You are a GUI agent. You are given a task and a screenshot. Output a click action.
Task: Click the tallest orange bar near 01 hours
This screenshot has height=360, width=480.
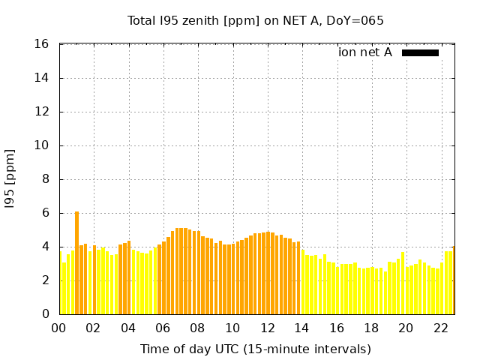coord(76,262)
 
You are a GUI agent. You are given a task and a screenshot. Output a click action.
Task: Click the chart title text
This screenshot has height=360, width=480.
coord(256,21)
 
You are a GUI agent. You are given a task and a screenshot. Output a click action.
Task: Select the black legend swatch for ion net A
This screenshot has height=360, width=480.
coord(420,52)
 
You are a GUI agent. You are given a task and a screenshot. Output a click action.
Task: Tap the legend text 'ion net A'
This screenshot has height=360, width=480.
coord(365,52)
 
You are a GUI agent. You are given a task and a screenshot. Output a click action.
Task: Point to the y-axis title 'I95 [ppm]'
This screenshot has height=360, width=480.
coord(10,179)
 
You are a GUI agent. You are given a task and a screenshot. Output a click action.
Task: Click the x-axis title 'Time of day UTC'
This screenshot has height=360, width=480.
coord(255,349)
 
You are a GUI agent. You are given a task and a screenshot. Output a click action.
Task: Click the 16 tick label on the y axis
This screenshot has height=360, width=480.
coord(43,44)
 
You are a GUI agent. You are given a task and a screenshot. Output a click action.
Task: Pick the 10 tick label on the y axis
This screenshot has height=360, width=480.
coord(43,145)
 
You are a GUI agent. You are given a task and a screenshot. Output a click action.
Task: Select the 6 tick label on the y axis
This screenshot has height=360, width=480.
coord(46,213)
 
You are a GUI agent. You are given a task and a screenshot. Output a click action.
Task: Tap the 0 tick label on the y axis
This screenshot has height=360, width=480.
coord(46,314)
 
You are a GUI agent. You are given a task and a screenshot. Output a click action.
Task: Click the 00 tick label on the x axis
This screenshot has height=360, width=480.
coord(58,328)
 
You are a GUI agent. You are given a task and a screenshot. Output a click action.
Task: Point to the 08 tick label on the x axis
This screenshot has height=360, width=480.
coord(197,328)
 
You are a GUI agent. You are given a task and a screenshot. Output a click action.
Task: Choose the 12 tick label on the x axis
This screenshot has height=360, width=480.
coord(267,328)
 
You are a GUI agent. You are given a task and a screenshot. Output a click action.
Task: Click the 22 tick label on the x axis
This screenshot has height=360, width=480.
coord(440,328)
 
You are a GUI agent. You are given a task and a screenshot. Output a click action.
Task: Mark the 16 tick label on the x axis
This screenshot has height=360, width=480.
coord(336,328)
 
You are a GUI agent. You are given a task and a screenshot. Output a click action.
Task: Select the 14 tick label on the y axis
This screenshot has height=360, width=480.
coord(43,78)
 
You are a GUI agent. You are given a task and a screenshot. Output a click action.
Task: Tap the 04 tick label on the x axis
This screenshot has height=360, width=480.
coord(128,328)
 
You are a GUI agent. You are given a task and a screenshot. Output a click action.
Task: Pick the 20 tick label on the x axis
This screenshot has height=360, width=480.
coord(406,328)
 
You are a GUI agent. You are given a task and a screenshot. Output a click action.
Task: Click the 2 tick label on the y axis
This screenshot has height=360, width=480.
coord(46,280)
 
